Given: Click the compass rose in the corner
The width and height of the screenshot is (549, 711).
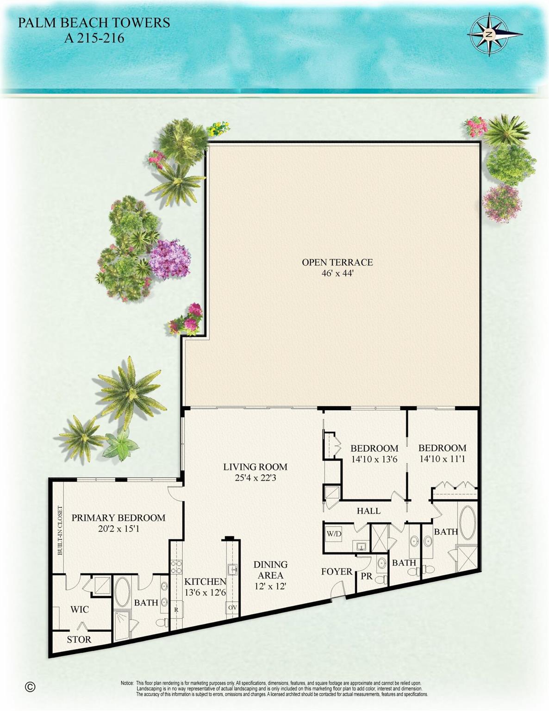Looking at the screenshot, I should (489, 35).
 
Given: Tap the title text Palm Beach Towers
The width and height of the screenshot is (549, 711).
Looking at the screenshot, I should (94, 23).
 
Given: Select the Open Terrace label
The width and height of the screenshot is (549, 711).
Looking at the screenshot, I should (337, 262).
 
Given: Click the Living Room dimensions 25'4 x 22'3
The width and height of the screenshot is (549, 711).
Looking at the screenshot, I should (255, 478).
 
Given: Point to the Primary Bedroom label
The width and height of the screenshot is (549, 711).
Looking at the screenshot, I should (118, 518).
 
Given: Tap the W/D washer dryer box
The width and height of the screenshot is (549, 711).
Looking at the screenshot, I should (334, 534).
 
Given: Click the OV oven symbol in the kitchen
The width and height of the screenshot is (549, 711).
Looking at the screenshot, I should (232, 607).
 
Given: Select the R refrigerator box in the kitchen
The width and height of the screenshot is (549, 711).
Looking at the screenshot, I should (176, 610).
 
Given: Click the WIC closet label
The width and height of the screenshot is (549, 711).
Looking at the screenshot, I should (79, 609).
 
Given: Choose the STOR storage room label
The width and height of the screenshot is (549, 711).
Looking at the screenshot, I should (79, 639).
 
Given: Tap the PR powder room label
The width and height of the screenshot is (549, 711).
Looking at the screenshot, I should (367, 577).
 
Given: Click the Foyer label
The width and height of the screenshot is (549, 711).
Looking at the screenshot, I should (337, 572).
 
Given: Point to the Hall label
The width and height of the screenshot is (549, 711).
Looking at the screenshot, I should (368, 511).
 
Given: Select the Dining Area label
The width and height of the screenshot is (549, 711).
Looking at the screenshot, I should (270, 570).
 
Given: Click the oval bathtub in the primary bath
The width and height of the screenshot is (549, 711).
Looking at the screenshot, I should (122, 592).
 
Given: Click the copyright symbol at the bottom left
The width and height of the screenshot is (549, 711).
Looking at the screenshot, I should (30, 686).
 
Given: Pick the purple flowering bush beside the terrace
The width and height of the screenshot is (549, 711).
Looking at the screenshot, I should (170, 259).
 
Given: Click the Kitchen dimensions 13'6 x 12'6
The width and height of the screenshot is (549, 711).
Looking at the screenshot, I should (205, 592).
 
